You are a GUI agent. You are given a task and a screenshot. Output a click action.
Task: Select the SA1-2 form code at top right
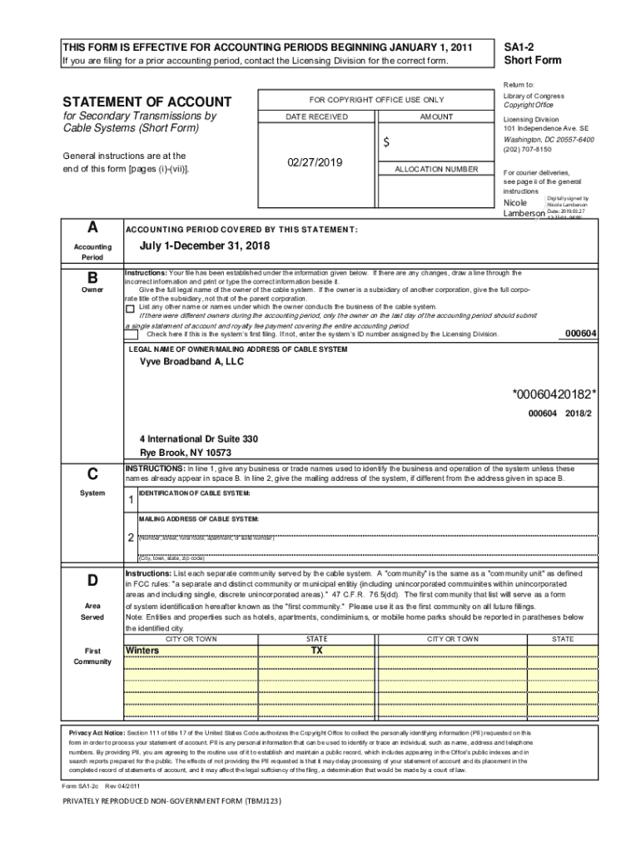[521, 47]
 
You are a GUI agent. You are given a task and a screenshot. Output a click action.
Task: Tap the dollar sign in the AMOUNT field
[386, 143]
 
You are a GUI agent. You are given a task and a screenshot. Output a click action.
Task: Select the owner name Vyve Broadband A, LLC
[191, 362]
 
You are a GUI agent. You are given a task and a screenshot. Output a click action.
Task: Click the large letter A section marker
[92, 227]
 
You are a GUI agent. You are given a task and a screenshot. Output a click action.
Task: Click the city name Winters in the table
[142, 650]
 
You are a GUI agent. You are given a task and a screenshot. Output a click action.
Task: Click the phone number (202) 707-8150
[527, 150]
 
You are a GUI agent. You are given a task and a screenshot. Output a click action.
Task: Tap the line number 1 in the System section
[131, 500]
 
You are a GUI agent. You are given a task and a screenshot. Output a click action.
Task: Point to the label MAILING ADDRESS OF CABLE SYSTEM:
[199, 518]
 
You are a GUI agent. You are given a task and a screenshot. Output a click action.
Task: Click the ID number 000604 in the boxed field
[580, 334]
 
